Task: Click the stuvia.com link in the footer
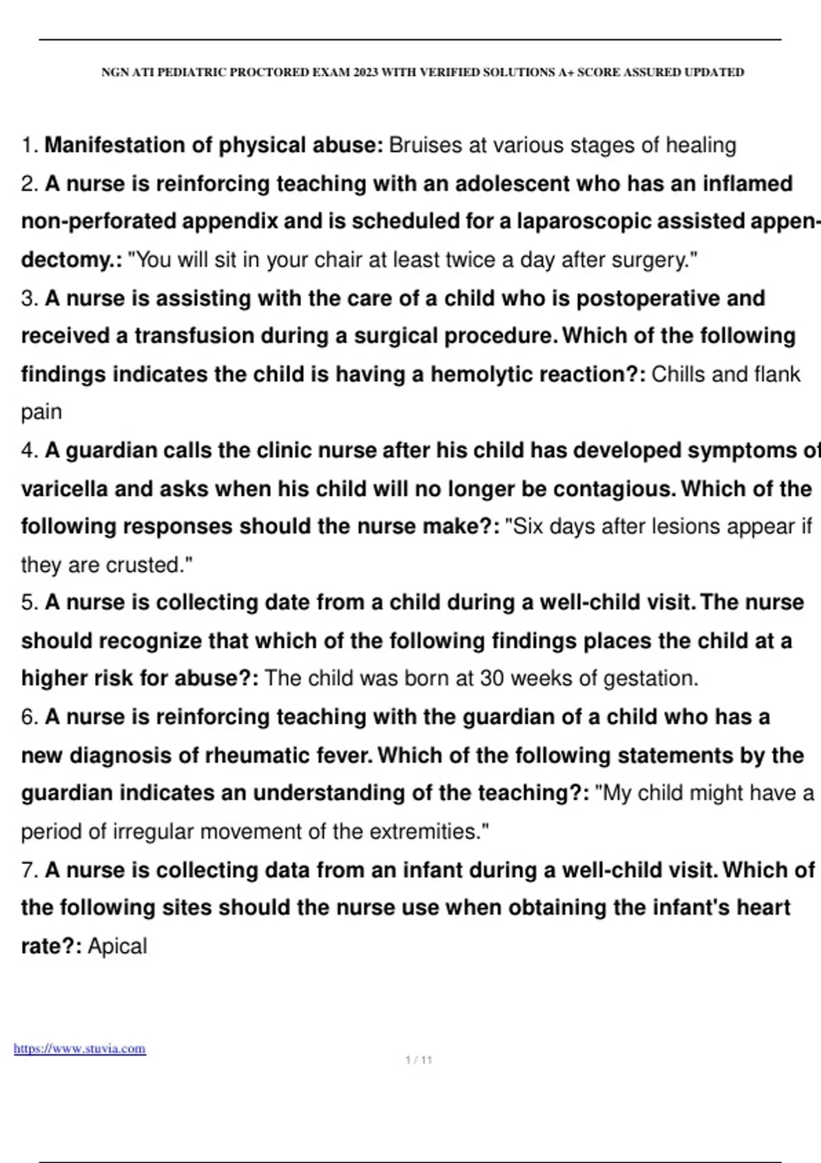(x=79, y=1049)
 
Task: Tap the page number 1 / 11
(x=419, y=1060)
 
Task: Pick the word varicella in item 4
(x=65, y=489)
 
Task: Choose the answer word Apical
(x=117, y=946)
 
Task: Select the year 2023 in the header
(x=366, y=73)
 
